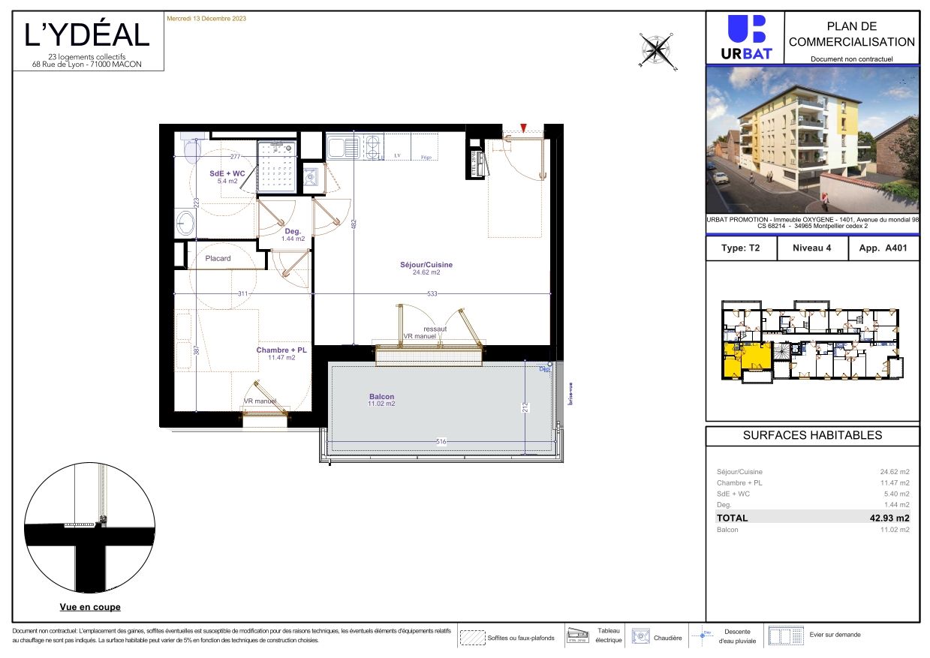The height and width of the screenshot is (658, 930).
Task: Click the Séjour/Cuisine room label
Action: point(426,265)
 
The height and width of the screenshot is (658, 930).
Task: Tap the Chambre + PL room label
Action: point(281,350)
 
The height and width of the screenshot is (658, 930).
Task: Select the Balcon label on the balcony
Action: point(381,397)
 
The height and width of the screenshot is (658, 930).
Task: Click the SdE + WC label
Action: point(227,173)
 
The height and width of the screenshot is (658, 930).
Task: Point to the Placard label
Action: point(218,258)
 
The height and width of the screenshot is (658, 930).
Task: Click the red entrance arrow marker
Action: point(524,128)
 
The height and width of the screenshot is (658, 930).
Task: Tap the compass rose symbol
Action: point(656,50)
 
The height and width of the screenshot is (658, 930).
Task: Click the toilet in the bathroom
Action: point(192,148)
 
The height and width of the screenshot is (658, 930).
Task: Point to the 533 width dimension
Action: point(432,293)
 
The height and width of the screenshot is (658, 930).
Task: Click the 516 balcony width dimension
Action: point(441,442)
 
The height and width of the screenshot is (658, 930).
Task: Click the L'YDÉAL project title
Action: point(88,35)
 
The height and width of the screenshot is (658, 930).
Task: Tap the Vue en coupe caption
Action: point(90,607)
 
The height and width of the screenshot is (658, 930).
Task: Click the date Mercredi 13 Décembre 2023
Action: point(206,18)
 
